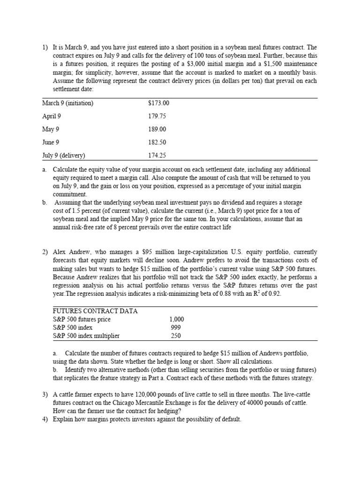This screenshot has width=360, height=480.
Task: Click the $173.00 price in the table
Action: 158,104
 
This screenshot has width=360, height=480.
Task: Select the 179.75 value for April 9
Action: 157,116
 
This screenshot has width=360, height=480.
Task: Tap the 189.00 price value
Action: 157,129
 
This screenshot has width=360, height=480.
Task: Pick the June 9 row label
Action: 51,142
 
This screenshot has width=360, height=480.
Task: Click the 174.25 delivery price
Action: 157,155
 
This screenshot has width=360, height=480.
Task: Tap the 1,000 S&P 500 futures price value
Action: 176,319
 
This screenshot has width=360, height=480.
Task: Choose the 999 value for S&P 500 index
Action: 176,327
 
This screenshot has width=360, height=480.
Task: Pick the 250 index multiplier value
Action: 176,336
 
